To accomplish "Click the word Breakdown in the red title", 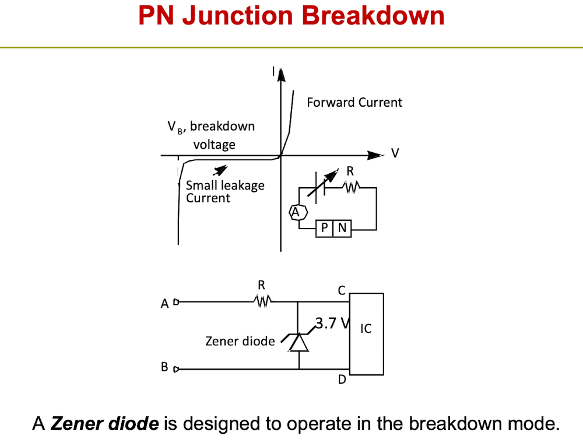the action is (373, 16).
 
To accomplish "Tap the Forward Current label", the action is (354, 102).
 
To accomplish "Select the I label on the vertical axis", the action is (273, 71).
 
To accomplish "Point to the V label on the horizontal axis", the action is (395, 153).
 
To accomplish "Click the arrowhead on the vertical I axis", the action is (281, 75).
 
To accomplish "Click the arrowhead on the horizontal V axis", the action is (375, 155).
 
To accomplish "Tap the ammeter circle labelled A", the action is (298, 212).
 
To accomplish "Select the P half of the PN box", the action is (325, 228).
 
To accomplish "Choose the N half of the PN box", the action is (342, 228).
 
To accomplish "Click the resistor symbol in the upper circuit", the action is (352, 187).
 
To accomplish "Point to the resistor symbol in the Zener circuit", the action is (262, 301).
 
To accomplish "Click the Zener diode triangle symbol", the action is (298, 342).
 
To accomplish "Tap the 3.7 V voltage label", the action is (333, 323).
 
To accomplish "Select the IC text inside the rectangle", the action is (366, 329).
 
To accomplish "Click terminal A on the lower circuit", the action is (176, 302).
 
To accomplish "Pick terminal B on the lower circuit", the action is (176, 369).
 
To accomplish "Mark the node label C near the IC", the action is (342, 290).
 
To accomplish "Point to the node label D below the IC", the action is (342, 380).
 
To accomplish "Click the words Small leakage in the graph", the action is (225, 185).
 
